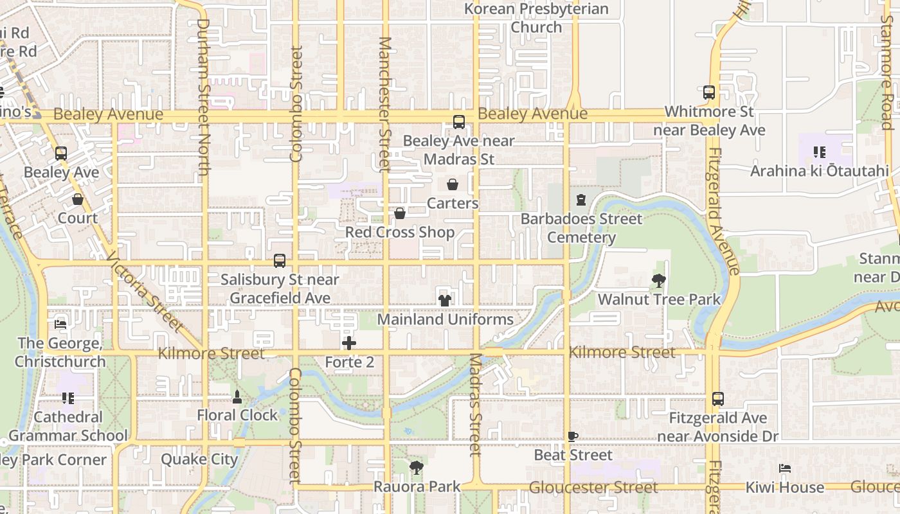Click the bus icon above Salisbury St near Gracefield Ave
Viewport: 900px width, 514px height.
pyautogui.click(x=280, y=261)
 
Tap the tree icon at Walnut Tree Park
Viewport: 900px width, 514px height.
pyautogui.click(x=658, y=281)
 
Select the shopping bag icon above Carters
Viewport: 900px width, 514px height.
pyautogui.click(x=453, y=185)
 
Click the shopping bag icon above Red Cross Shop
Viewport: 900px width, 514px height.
pyautogui.click(x=400, y=213)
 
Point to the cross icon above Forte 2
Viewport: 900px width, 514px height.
pyautogui.click(x=349, y=343)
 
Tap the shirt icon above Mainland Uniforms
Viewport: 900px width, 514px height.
pyautogui.click(x=444, y=300)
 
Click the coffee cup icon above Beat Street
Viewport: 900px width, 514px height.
pyautogui.click(x=573, y=437)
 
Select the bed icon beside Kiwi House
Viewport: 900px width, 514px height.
pyautogui.click(x=784, y=468)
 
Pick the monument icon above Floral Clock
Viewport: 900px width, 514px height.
pyautogui.click(x=237, y=396)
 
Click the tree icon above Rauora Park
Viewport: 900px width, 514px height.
pyautogui.click(x=417, y=468)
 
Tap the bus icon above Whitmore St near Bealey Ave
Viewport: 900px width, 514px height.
pyautogui.click(x=709, y=93)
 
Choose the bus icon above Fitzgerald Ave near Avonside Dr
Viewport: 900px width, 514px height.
pyautogui.click(x=718, y=399)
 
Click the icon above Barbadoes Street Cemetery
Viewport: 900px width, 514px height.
pyautogui.click(x=581, y=200)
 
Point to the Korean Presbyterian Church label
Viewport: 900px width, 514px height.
pyautogui.click(x=536, y=18)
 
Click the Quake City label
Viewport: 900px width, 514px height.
pyautogui.click(x=199, y=459)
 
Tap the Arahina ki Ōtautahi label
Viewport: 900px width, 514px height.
pyautogui.click(x=820, y=171)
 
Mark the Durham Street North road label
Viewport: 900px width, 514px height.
pyautogui.click(x=203, y=96)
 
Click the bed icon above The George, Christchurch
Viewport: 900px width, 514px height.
pyautogui.click(x=60, y=324)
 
